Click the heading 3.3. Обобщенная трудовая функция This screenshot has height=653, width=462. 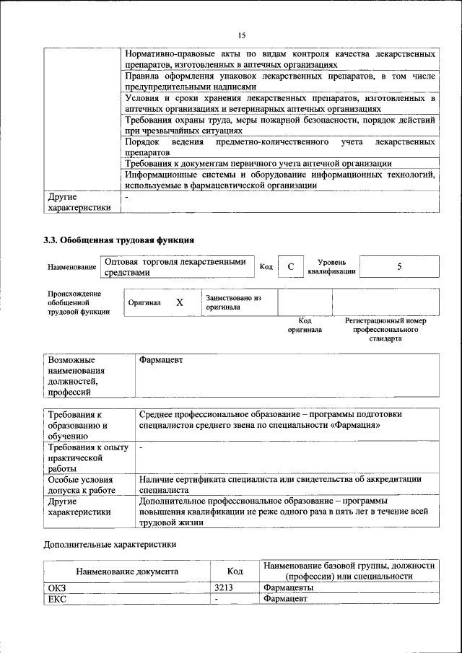[x=119, y=240]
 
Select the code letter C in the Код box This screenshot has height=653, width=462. [x=290, y=267]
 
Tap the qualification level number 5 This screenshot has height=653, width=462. [x=399, y=266]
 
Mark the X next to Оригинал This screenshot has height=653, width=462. [x=179, y=304]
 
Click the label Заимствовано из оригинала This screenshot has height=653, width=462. [x=233, y=302]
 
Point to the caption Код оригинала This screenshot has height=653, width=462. [x=305, y=325]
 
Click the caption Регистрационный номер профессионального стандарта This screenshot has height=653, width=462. [x=385, y=329]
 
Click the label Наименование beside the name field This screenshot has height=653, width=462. [x=72, y=268]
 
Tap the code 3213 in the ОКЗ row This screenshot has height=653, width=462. [x=223, y=587]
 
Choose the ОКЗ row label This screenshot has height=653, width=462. [x=57, y=587]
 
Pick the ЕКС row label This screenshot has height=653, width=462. [x=57, y=598]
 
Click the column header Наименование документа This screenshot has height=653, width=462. [x=127, y=571]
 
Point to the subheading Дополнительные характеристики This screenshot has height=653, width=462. [x=110, y=544]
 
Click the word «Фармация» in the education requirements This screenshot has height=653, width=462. [x=356, y=426]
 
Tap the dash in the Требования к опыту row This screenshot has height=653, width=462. [x=141, y=448]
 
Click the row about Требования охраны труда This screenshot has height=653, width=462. [x=279, y=125]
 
